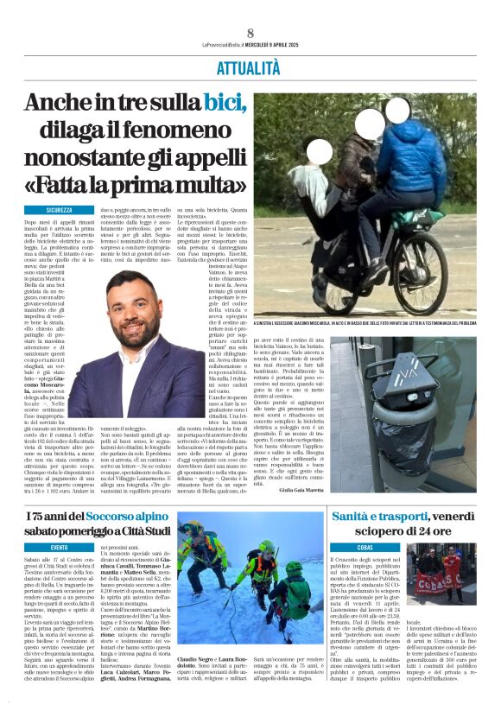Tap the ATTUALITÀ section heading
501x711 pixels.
pos(250,67)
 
